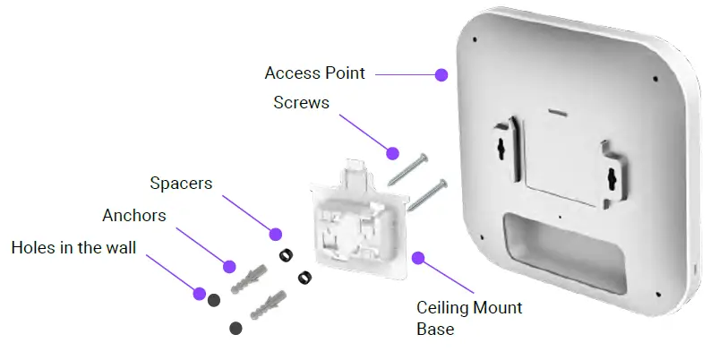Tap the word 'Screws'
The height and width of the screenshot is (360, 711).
coord(301,103)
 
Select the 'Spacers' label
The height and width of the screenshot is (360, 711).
coord(181,184)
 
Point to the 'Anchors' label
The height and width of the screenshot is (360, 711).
coord(134,216)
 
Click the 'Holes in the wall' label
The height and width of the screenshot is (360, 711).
coord(73,247)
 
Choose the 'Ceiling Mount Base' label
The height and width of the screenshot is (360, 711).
coord(468,318)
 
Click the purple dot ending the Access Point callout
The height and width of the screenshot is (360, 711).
coord(441,75)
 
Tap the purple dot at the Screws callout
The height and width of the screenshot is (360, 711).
coord(391,150)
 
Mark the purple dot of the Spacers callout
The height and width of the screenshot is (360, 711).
coord(275,234)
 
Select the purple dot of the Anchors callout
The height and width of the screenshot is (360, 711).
coord(229,267)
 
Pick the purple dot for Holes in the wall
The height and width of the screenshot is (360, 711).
coord(199,292)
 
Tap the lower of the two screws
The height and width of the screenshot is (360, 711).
coord(427,194)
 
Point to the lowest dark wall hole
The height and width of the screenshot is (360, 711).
coord(236,328)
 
